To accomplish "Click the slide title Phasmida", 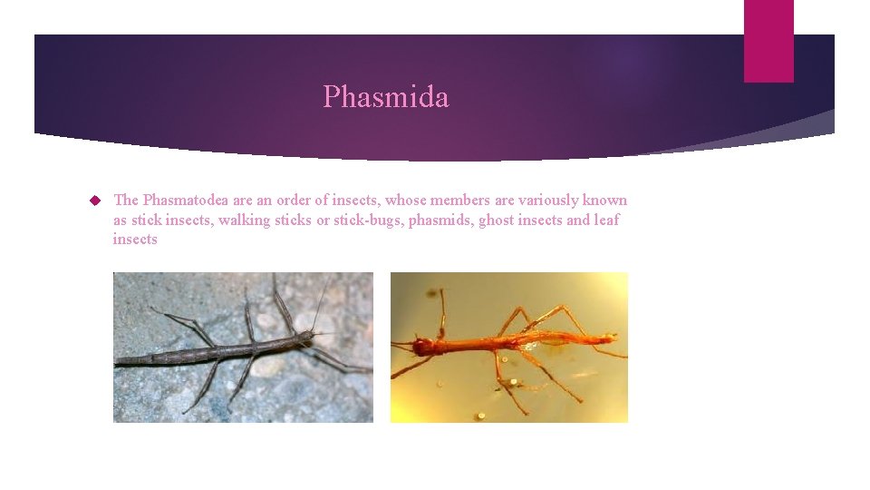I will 385,96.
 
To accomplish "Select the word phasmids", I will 440,220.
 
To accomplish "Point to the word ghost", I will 498,220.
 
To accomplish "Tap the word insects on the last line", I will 135,240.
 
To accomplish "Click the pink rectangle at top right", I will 768,41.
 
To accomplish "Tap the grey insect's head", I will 308,337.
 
